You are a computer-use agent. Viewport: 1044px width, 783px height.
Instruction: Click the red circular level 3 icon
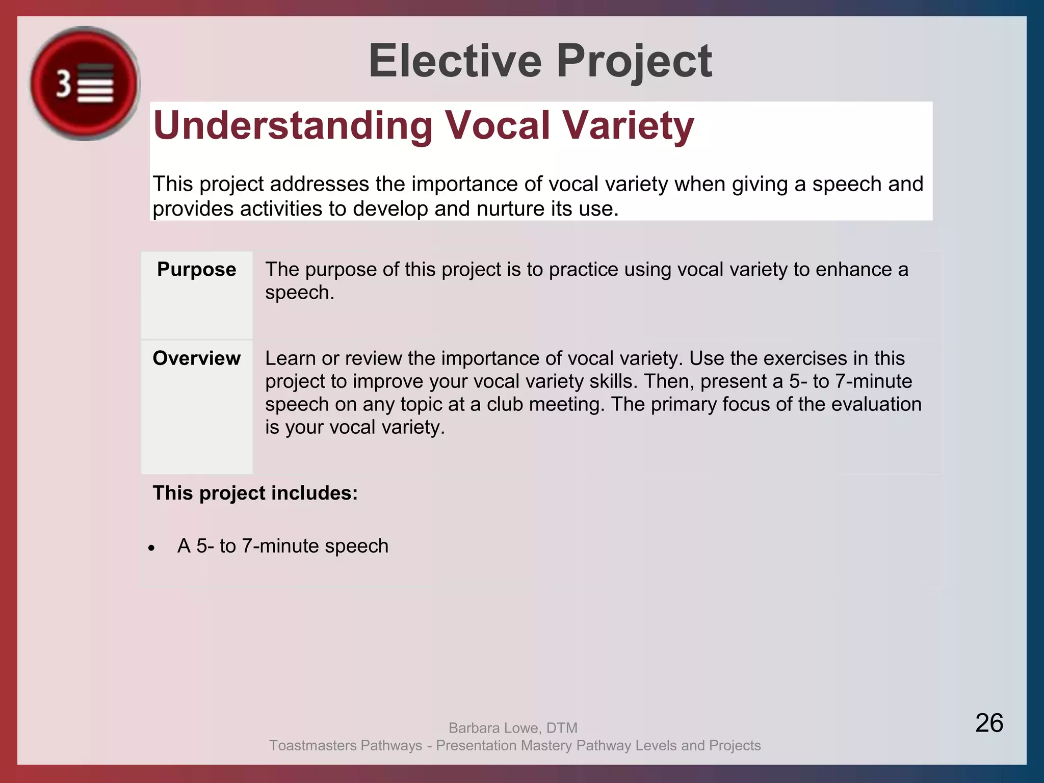click(84, 84)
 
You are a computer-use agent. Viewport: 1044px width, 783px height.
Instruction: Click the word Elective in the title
click(455, 61)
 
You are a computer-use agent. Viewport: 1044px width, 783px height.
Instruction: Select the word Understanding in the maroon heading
click(293, 125)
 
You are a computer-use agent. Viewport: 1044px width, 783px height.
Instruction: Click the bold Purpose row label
click(196, 269)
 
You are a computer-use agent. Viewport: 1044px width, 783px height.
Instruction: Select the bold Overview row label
click(196, 358)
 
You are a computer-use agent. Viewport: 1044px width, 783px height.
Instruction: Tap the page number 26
click(989, 723)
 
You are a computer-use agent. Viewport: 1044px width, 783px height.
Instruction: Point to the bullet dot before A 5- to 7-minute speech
click(151, 549)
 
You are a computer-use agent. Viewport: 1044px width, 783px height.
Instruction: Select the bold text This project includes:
click(255, 493)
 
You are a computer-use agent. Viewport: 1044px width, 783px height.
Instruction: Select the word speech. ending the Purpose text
click(299, 293)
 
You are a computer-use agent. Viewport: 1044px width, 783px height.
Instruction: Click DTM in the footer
click(562, 728)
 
